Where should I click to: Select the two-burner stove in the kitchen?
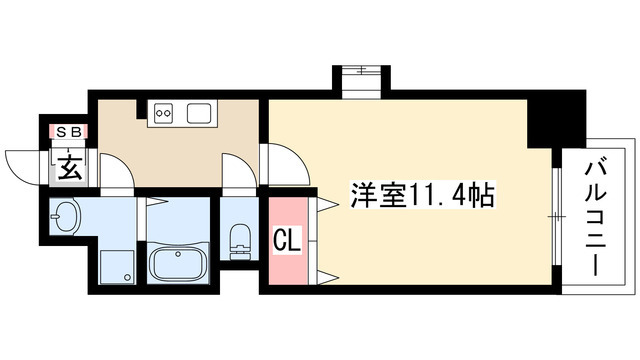[164, 113]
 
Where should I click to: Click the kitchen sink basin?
[196, 113]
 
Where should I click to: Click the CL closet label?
[285, 240]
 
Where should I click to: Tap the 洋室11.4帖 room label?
[420, 197]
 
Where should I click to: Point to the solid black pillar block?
[555, 117]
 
